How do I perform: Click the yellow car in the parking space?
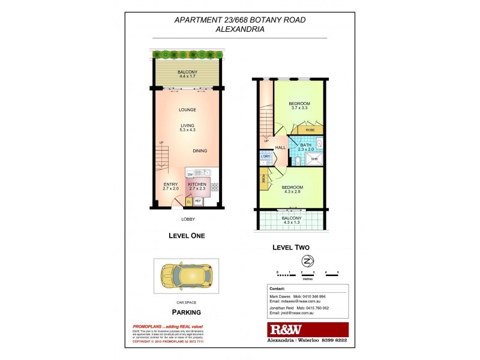[185, 276]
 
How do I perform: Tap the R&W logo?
[285, 329]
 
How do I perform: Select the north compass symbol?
[308, 260]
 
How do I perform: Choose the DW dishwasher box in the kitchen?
[190, 173]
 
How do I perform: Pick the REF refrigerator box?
[197, 202]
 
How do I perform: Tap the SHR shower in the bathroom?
[314, 159]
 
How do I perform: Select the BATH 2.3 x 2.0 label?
[305, 147]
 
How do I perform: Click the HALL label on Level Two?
[280, 148]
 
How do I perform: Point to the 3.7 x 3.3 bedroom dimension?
[299, 108]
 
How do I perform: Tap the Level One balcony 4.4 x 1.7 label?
[187, 76]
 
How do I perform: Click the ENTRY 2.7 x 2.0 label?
[171, 186]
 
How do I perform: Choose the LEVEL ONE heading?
[187, 236]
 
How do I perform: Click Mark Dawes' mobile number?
[323, 297]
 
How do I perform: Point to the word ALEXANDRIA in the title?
[240, 28]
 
